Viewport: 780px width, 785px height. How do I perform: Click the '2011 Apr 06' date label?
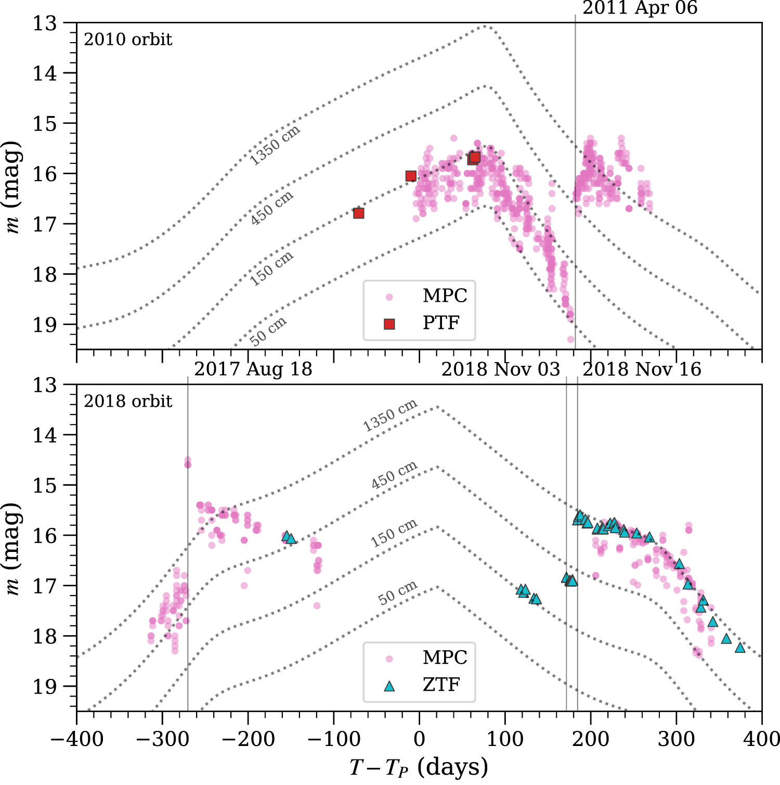[640, 8]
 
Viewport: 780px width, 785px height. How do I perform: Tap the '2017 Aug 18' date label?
[253, 369]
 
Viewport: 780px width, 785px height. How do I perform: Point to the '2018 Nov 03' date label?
[500, 369]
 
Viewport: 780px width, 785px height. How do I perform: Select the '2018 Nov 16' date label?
[642, 369]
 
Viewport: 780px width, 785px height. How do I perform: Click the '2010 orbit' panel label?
[128, 40]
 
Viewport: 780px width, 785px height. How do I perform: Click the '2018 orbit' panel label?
[128, 402]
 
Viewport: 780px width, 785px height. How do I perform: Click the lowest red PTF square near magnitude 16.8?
[358, 213]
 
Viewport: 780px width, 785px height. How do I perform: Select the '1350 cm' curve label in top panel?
[275, 145]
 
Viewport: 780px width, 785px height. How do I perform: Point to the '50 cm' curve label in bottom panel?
[397, 593]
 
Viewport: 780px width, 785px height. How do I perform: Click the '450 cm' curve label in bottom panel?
[394, 475]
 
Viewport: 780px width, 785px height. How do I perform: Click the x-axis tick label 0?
[419, 739]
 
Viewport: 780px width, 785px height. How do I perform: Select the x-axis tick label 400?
[760, 739]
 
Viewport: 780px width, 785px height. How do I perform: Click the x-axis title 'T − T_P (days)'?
[419, 767]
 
